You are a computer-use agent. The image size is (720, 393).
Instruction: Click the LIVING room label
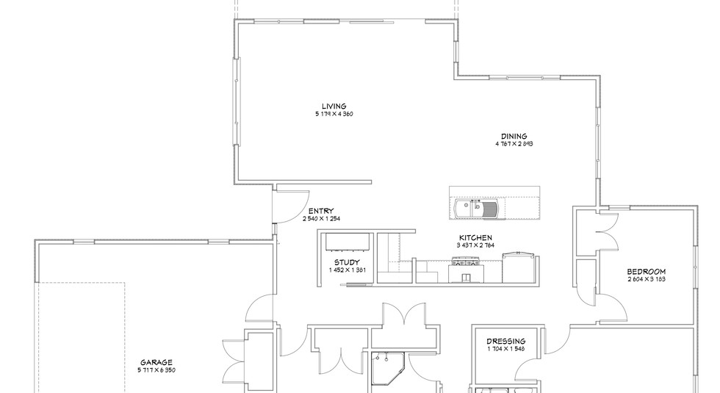point(333,106)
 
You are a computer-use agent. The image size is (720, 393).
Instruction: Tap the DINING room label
point(514,136)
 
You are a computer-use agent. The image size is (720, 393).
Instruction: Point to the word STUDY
point(347,262)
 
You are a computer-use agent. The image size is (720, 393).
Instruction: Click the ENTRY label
point(320,211)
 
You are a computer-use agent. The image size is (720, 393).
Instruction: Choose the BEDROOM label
point(647,271)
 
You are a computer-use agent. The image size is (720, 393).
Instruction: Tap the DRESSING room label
point(506,341)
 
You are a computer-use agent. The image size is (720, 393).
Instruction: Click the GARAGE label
point(156,362)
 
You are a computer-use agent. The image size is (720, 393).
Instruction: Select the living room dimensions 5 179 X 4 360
point(334,114)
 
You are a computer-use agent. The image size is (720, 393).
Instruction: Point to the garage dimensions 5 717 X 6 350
point(156,370)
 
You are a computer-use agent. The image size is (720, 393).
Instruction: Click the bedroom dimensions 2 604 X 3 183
point(647,279)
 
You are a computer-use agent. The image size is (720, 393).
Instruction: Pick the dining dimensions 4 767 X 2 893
point(514,144)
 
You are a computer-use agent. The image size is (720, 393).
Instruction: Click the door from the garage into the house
point(261,309)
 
